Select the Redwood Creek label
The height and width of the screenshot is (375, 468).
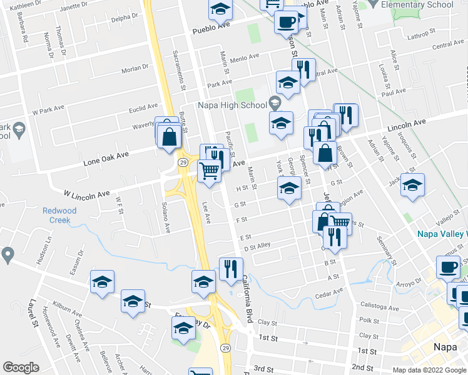click(59, 215)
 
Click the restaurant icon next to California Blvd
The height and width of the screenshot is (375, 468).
click(230, 269)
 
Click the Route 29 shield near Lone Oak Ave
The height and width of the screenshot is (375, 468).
click(182, 162)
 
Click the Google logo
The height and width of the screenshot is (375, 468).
click(21, 367)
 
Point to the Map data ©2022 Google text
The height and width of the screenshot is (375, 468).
click(429, 370)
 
